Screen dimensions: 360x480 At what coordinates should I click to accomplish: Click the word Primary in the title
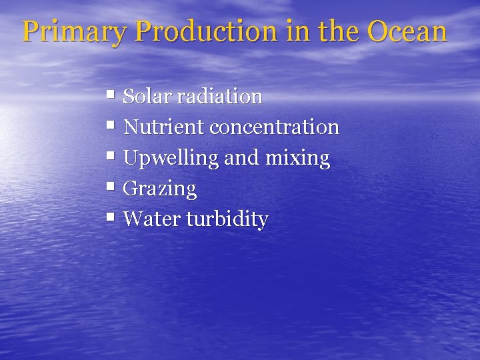point(69,31)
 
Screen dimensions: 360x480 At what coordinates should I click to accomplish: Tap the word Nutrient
point(164,127)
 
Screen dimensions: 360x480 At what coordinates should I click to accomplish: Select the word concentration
point(275,127)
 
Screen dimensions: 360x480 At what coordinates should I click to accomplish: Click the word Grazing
point(160,189)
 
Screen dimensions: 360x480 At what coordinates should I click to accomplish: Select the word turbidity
point(227,219)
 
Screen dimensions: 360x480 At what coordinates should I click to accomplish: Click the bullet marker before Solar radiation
point(110,96)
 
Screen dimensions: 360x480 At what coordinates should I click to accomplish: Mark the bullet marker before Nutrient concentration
point(110,126)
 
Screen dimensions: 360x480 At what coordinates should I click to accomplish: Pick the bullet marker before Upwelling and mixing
point(110,157)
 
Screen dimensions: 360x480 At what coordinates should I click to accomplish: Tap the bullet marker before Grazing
point(110,187)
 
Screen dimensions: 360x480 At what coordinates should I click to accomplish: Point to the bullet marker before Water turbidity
point(110,218)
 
